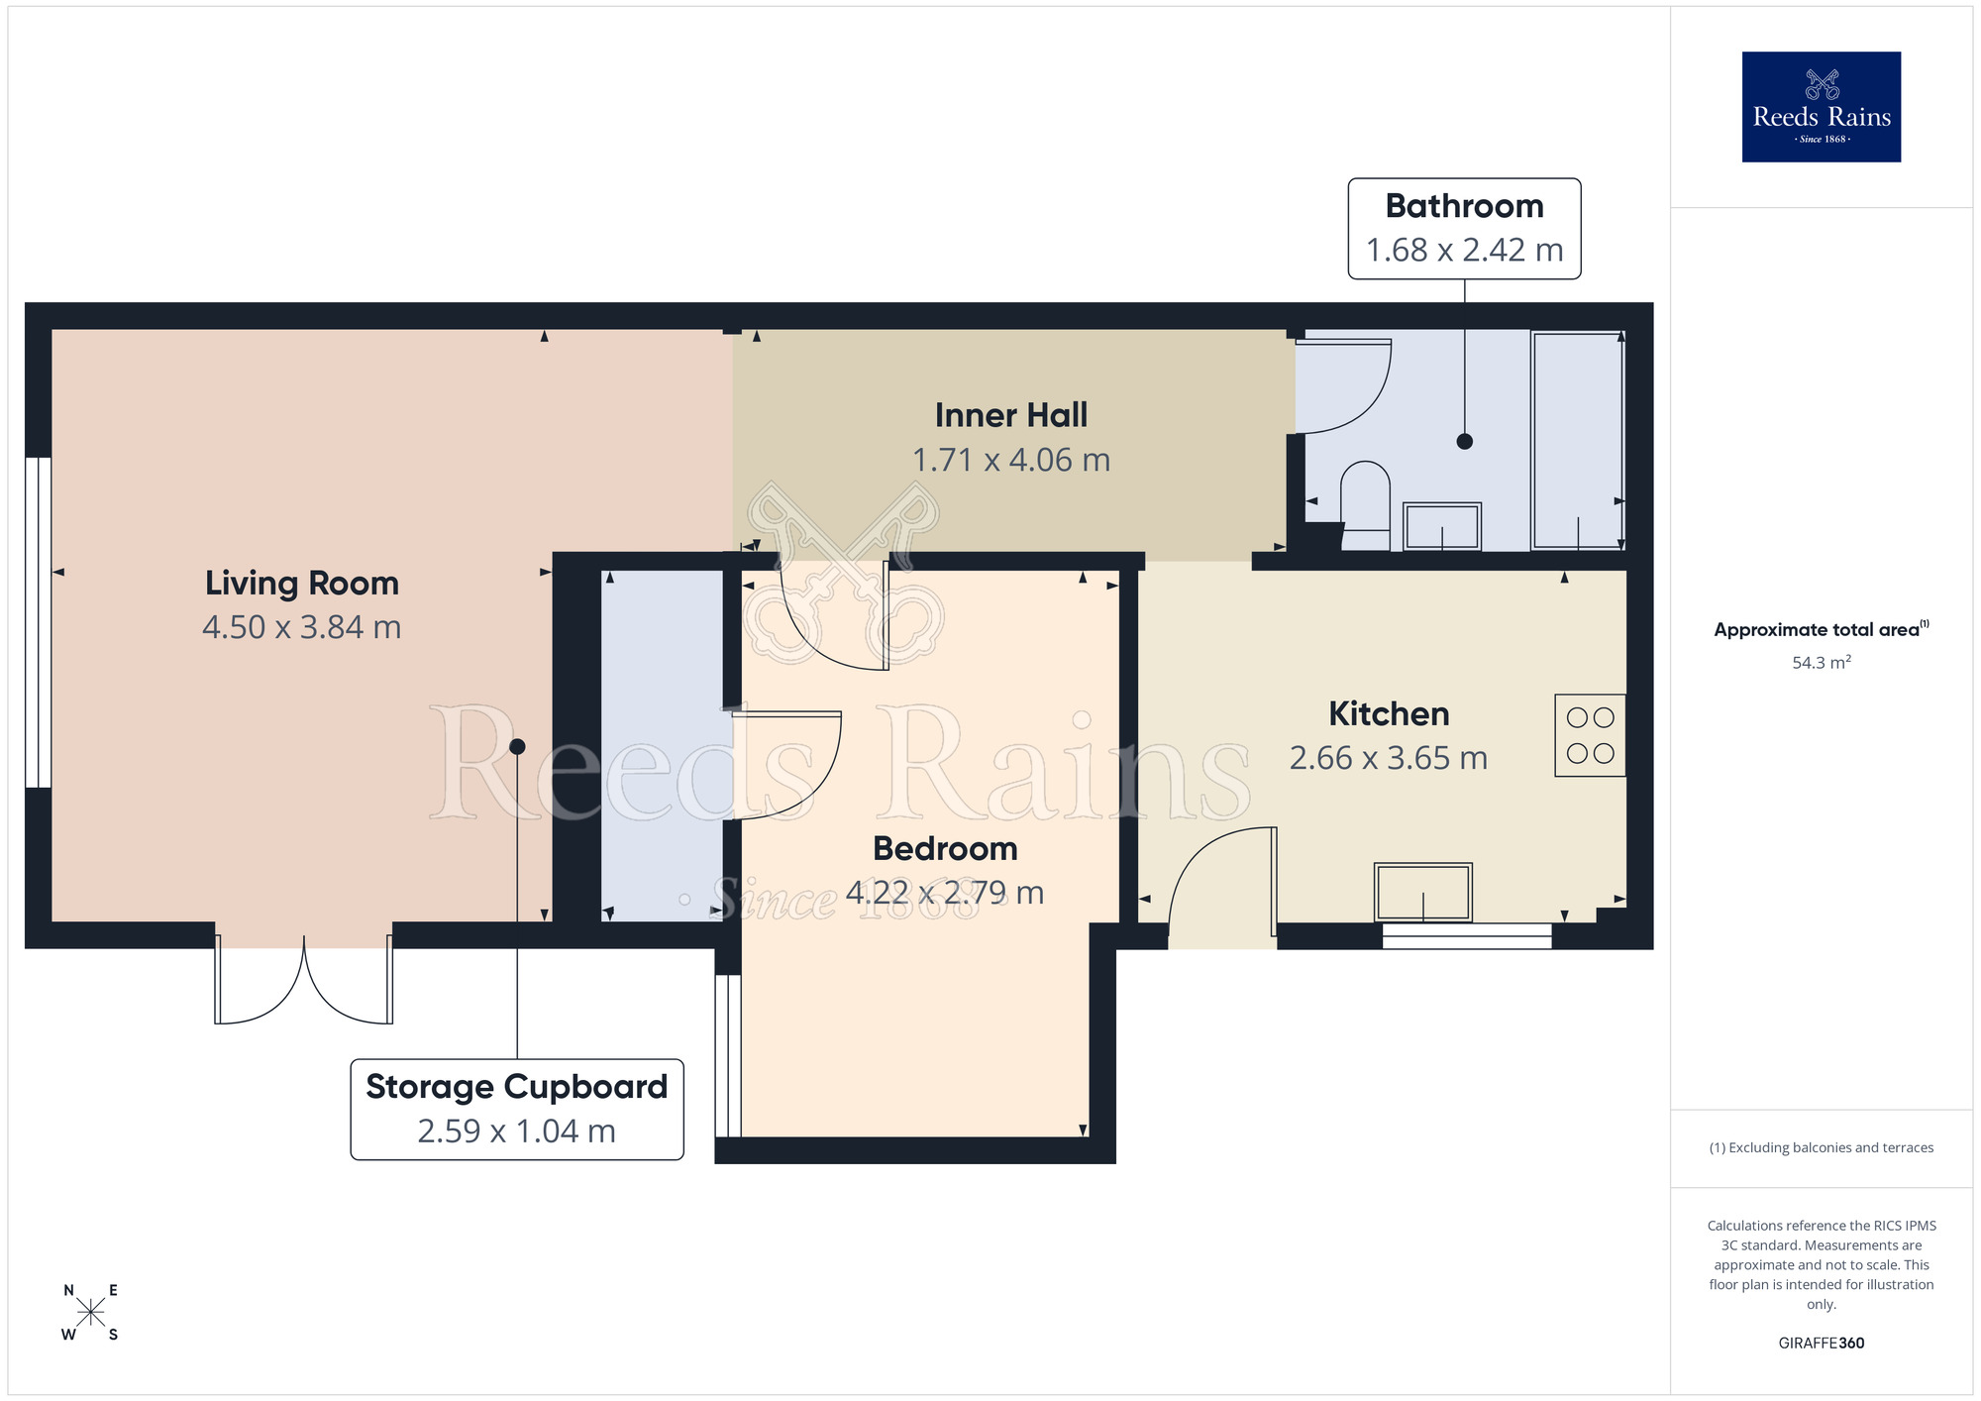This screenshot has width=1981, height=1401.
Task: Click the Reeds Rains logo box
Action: tap(1821, 107)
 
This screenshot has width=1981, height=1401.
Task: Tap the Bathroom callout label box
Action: tap(1464, 229)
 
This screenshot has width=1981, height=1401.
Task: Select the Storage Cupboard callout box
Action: tap(516, 1109)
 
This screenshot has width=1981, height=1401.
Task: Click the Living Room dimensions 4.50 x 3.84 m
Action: tap(301, 627)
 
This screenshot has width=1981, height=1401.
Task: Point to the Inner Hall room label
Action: tap(1010, 415)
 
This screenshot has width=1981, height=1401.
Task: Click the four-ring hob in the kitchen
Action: tap(1590, 735)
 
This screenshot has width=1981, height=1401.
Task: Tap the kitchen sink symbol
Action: tap(1422, 892)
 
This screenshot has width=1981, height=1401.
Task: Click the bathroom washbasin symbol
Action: tap(1442, 526)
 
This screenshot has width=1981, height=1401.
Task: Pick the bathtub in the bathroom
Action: tap(1577, 440)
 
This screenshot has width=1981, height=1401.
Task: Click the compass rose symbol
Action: tap(90, 1313)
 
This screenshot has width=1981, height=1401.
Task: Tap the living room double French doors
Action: tap(304, 983)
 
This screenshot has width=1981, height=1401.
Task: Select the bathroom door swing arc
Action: tap(1342, 386)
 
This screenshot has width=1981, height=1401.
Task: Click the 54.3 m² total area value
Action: tap(1821, 663)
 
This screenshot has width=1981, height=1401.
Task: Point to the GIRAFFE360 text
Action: tap(1821, 1344)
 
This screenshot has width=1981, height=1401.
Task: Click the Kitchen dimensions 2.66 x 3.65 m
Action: tap(1388, 758)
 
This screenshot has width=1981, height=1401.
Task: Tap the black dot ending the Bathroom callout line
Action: tap(1464, 442)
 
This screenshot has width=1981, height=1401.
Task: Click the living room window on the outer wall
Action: tap(38, 622)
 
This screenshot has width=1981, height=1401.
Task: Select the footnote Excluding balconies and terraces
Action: tap(1821, 1147)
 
